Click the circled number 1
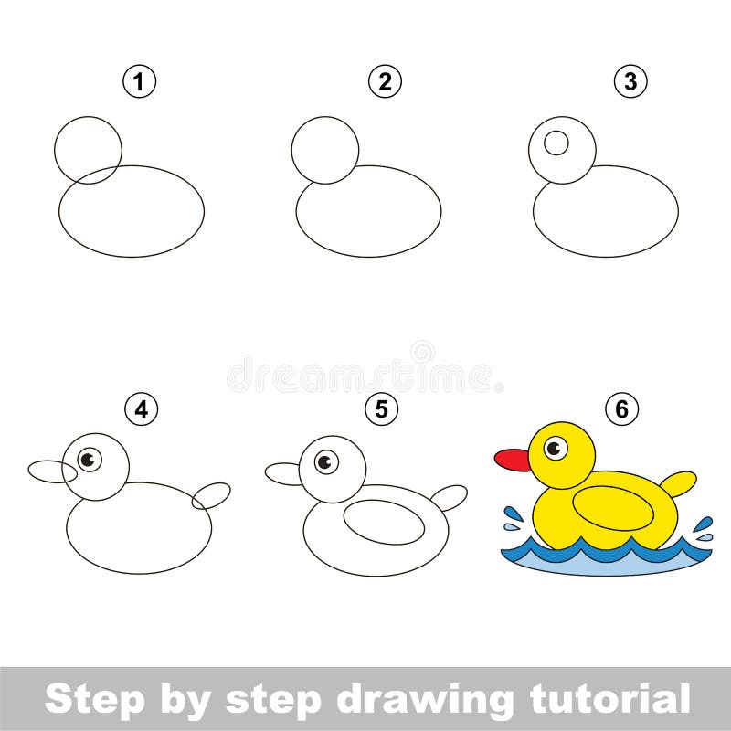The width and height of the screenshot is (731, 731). pos(140,81)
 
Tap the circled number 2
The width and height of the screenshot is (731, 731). pos(385,81)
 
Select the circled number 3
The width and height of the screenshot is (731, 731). pos(630,81)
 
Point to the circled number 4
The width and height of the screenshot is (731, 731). pos(142,409)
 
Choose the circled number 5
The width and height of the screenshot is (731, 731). pos(382,409)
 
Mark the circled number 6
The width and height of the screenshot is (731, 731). pos(622,409)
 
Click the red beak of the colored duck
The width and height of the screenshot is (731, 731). pos(513,461)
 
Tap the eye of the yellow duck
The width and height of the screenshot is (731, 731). pos(556,448)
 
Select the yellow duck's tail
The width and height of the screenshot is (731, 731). pos(679,484)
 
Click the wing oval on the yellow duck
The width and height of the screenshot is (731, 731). pos(613,508)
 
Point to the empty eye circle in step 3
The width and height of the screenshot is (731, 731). pos(556,143)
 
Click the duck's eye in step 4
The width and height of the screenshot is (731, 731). pos(89,460)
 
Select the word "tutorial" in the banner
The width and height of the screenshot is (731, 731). pos(609,699)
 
